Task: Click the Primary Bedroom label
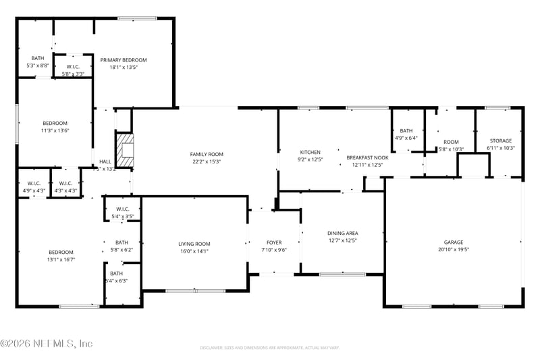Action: [x=124, y=60]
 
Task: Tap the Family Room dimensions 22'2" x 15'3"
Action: [x=206, y=162]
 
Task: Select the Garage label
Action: [x=453, y=242]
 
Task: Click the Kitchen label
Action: [x=310, y=152]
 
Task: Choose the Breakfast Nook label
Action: [x=367, y=157]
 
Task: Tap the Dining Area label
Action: [x=342, y=233]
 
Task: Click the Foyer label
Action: [x=273, y=242]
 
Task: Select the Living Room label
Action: [x=194, y=244]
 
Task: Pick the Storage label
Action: [x=500, y=140]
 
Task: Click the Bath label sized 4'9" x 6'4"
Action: [x=406, y=131]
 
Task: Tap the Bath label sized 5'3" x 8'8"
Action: [x=37, y=58]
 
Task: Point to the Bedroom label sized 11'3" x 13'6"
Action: [x=55, y=123]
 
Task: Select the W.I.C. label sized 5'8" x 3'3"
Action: [x=73, y=66]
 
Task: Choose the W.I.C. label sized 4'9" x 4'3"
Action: [x=34, y=183]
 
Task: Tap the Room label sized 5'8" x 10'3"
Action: [x=450, y=142]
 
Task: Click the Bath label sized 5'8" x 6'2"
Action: [x=122, y=242]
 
